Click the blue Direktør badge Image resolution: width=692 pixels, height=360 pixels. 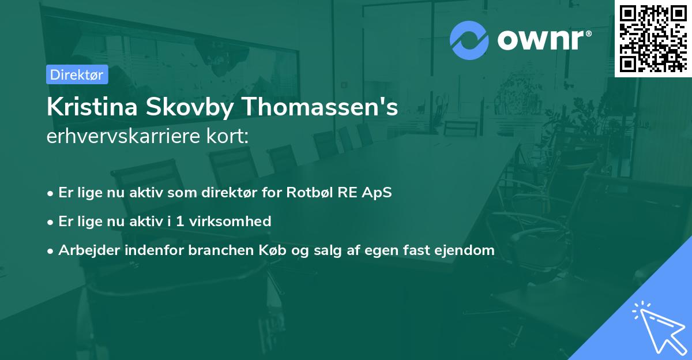(x=77, y=74)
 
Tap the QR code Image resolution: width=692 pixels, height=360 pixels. (x=653, y=38)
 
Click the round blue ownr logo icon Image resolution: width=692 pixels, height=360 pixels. (x=469, y=40)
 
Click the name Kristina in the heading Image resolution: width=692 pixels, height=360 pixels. (x=86, y=107)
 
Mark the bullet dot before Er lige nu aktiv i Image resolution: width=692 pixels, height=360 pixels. (x=51, y=222)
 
